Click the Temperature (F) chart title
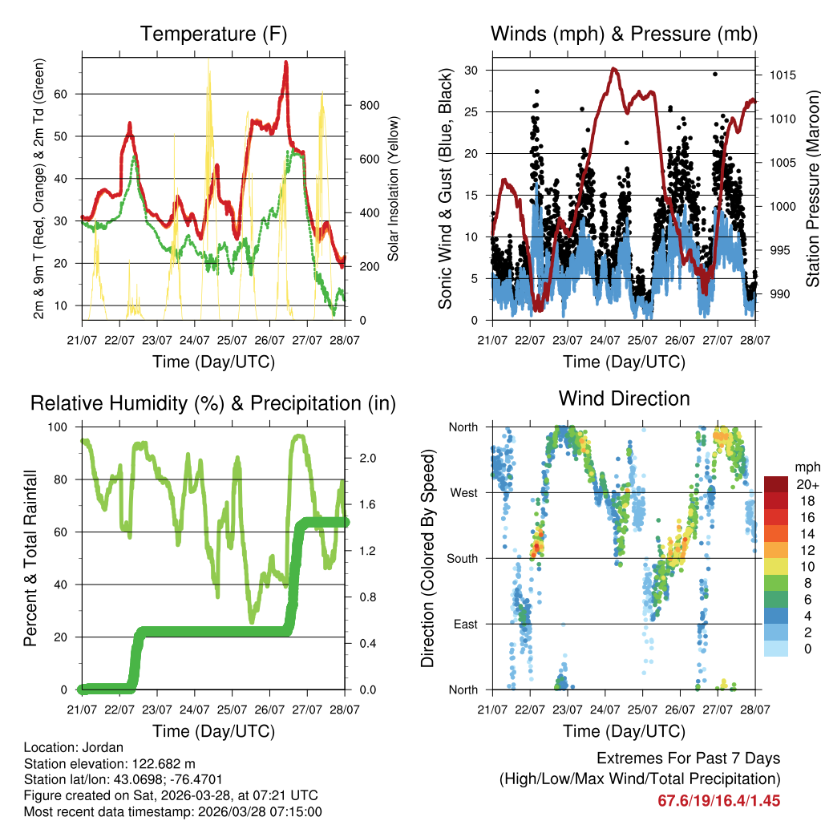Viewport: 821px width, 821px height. tap(213, 34)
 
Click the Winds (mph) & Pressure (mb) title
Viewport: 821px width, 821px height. tap(624, 34)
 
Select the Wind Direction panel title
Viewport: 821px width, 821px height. tap(624, 398)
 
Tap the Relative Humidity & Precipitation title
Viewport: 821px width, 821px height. tap(213, 403)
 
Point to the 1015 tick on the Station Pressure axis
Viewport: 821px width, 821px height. tap(782, 75)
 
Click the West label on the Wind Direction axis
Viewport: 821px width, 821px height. tap(463, 492)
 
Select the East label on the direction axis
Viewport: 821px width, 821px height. tap(464, 624)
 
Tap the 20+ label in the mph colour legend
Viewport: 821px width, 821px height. tap(807, 484)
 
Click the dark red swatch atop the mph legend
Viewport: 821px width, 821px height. tap(776, 483)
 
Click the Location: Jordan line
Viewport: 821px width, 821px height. tap(74, 748)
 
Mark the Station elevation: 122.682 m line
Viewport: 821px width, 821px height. tap(110, 764)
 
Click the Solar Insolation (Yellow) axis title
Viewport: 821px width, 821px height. tap(394, 189)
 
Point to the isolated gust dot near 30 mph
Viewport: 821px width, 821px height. tap(715, 74)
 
